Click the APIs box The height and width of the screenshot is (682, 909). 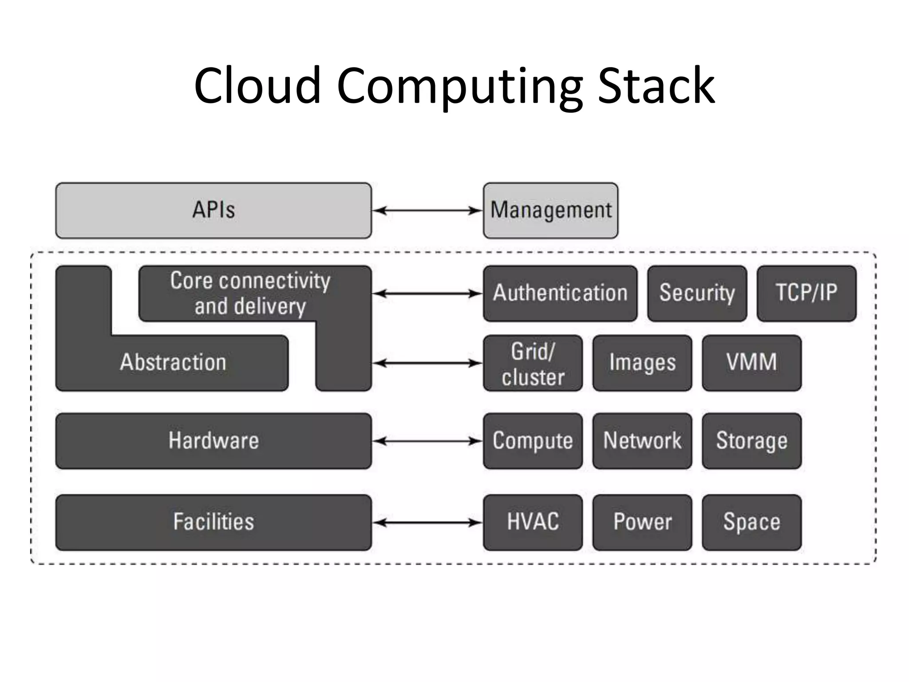pos(213,210)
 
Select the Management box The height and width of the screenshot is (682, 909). pos(550,210)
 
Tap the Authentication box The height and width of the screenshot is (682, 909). pos(560,293)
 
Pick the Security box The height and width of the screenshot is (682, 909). pos(697,293)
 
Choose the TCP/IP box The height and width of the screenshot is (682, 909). pos(806,293)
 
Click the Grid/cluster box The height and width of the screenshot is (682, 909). pos(533,363)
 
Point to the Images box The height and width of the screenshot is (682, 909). pos(642,363)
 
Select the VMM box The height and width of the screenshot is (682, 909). pos(751,363)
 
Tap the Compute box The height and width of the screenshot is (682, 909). pos(533,441)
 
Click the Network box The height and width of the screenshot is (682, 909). pos(642,441)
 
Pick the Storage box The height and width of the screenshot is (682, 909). pos(751,441)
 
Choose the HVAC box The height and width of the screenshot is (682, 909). pos(533,522)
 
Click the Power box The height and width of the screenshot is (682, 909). pos(642,522)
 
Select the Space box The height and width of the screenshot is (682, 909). pos(751,522)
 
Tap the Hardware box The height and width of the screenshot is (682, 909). pos(213,441)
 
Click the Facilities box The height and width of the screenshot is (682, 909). pos(213,522)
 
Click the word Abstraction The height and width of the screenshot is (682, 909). pos(173,362)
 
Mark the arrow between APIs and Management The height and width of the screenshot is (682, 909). pos(427,210)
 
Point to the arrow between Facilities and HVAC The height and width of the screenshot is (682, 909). pos(427,523)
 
